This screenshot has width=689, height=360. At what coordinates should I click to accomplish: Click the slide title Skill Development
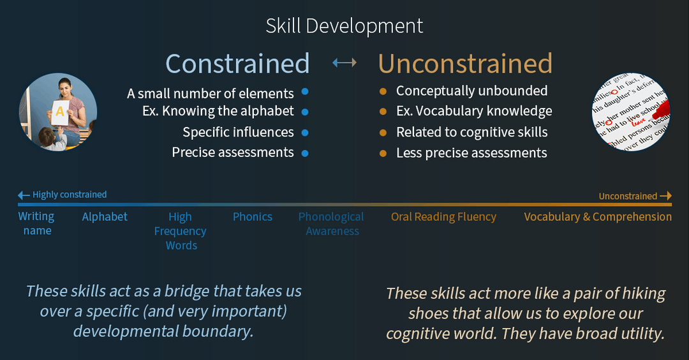(x=344, y=26)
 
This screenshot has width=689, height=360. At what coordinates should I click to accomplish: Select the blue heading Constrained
(x=237, y=64)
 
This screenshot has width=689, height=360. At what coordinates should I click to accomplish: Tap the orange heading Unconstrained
(x=465, y=64)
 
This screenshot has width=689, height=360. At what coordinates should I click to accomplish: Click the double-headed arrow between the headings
(x=344, y=63)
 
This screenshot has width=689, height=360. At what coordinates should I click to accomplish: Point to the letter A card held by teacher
(x=60, y=112)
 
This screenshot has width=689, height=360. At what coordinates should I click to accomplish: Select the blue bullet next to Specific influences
(x=305, y=133)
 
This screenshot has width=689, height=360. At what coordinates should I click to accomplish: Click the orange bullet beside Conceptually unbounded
(x=383, y=91)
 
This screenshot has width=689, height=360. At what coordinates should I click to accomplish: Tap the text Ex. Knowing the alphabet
(x=218, y=111)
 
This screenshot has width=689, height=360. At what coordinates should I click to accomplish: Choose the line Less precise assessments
(x=471, y=153)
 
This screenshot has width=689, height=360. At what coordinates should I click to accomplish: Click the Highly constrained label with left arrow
(x=63, y=195)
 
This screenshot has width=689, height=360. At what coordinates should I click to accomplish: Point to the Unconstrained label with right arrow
(x=635, y=196)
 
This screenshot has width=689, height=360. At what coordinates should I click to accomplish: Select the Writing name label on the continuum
(x=36, y=223)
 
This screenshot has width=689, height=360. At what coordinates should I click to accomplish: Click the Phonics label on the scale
(x=253, y=217)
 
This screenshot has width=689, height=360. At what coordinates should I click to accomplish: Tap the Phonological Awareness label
(x=332, y=224)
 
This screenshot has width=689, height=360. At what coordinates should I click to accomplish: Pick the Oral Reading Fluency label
(x=443, y=217)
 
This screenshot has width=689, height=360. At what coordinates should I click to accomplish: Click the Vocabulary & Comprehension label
(x=598, y=217)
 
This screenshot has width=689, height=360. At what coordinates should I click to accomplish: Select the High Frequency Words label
(x=181, y=231)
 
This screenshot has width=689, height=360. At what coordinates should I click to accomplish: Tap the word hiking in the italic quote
(x=641, y=294)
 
